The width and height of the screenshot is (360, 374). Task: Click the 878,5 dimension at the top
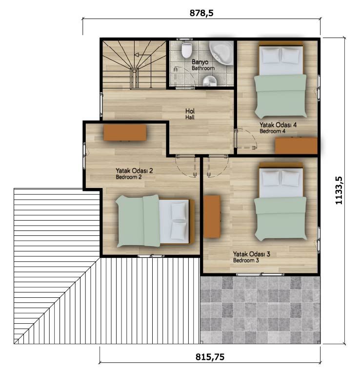click(201, 13)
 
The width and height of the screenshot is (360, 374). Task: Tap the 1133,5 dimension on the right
click(339, 190)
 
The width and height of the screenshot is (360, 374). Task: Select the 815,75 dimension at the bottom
click(210, 357)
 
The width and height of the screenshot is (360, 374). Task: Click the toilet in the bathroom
click(186, 50)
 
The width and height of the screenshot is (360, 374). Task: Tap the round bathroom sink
click(210, 81)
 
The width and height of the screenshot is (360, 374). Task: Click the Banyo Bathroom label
click(203, 65)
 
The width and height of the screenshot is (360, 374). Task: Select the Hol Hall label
click(190, 114)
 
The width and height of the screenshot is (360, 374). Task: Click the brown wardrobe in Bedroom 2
click(125, 133)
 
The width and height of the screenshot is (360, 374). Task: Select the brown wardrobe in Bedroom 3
click(212, 217)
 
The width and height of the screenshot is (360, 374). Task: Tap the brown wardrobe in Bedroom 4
click(296, 145)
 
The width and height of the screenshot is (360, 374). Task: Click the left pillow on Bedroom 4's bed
click(270, 55)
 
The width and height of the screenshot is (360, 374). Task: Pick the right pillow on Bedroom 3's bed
click(290, 178)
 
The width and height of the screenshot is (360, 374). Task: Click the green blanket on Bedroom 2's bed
click(138, 221)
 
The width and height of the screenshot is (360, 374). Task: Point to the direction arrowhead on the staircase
click(137, 55)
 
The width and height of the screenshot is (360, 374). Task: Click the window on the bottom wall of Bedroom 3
click(260, 274)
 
